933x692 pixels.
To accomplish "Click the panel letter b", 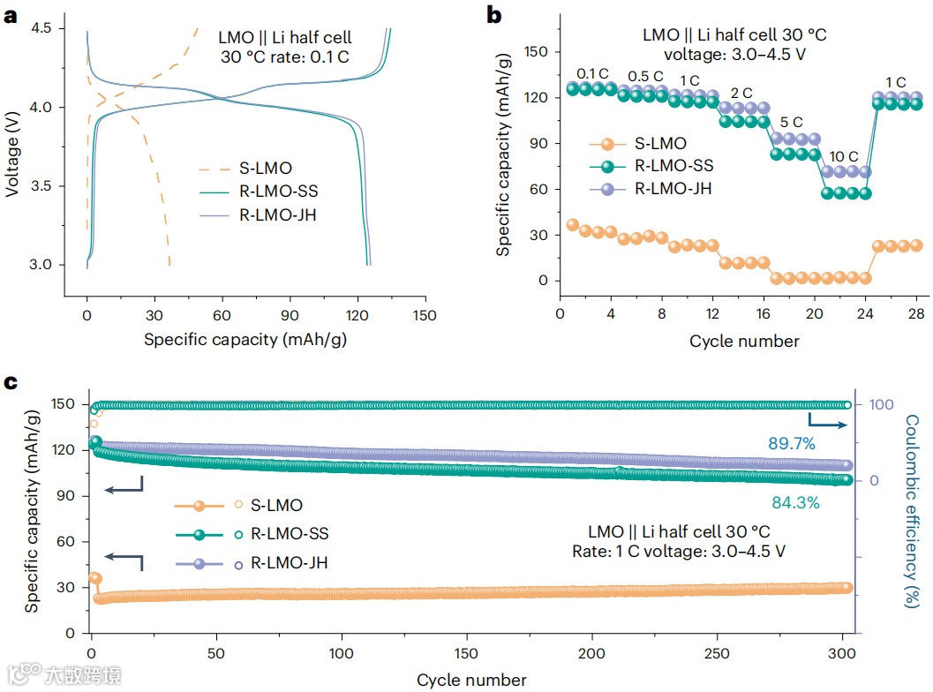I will pyautogui.click(x=495, y=14).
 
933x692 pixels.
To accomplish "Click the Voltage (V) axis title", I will pyautogui.click(x=11, y=147).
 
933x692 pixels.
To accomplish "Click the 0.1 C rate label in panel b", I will pyautogui.click(x=592, y=73).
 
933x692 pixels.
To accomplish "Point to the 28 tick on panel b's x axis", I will pyautogui.click(x=917, y=313).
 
